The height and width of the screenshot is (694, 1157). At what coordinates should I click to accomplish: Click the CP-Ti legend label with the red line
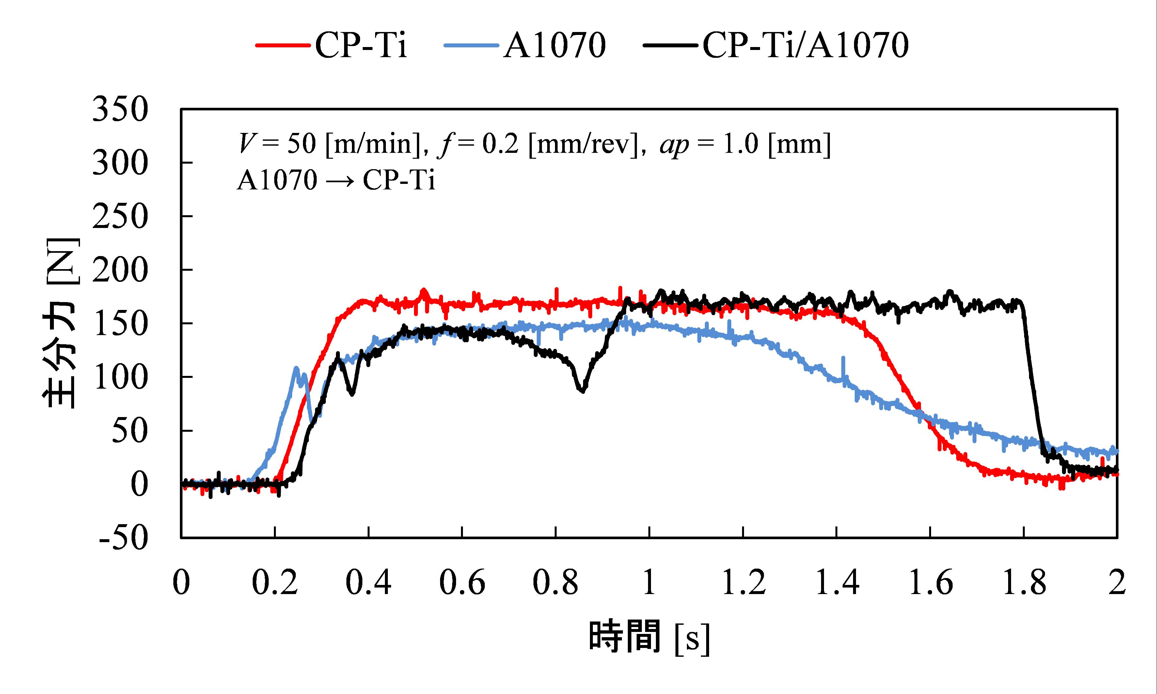pos(360,45)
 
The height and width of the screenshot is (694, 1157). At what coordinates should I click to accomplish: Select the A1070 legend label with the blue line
pos(554,45)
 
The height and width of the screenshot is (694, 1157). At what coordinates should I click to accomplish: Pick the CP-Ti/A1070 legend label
pos(805,45)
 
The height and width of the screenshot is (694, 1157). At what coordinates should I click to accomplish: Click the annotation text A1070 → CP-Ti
pos(336,180)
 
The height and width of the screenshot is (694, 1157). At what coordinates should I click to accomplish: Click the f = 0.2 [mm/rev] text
pos(538,144)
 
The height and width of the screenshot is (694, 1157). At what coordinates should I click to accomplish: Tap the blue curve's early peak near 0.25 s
pos(296,368)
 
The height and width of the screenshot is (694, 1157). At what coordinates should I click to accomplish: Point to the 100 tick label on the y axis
pos(120,377)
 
